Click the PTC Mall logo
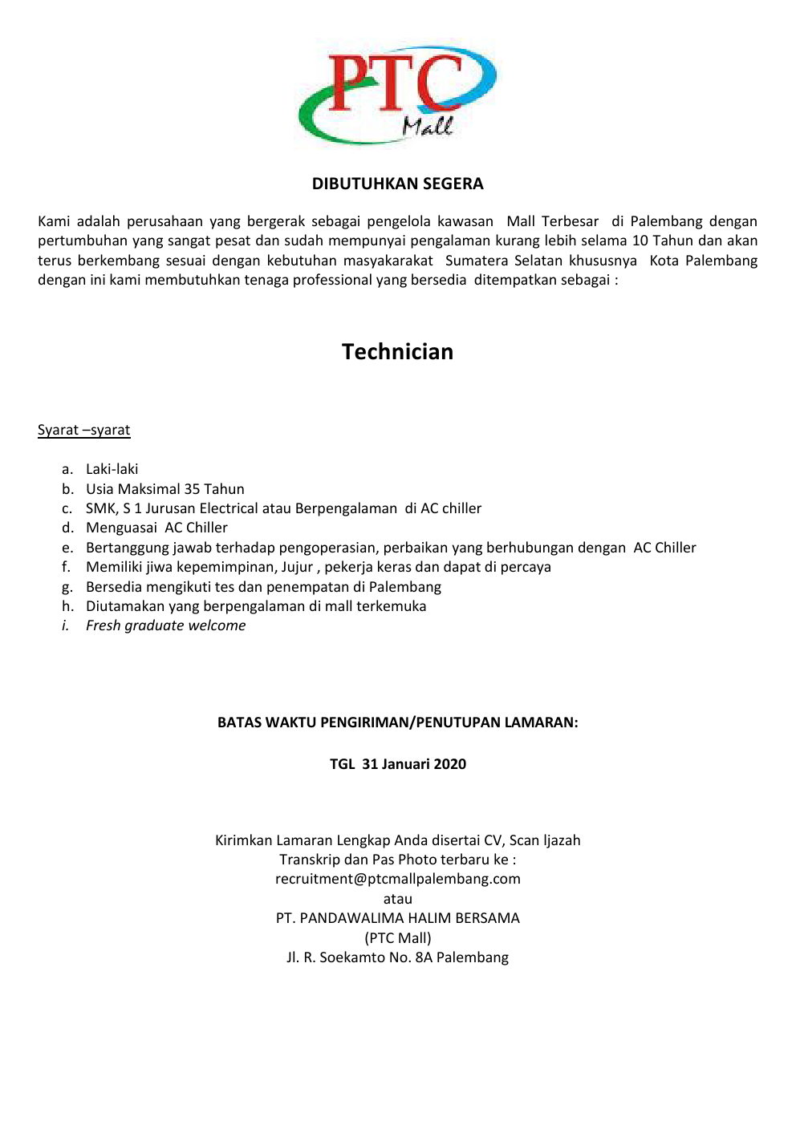coord(397,94)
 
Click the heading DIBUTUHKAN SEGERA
coord(397,184)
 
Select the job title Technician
coord(397,352)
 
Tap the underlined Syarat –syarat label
coord(83,430)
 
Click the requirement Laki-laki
coord(112,469)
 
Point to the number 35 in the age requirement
coord(192,489)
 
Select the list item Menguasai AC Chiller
coord(156,528)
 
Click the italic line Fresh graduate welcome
coord(165,625)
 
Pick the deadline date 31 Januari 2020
coord(413,764)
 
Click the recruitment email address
coord(397,879)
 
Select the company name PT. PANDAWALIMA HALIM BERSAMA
coord(397,918)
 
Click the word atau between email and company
coord(397,899)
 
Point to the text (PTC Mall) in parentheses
coord(397,938)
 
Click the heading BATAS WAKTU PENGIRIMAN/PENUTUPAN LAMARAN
coord(397,722)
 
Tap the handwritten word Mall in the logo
coord(428,126)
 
